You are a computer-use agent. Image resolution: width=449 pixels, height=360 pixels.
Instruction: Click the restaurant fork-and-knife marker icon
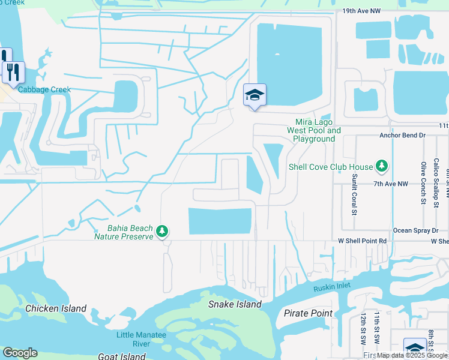13,72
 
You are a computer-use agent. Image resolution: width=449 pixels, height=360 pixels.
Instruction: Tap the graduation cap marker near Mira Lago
255,95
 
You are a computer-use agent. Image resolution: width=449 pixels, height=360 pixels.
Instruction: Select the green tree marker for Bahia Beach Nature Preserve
161,231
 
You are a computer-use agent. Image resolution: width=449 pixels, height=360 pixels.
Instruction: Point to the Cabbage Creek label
44,90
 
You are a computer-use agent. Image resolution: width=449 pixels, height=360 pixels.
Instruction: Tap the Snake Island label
235,304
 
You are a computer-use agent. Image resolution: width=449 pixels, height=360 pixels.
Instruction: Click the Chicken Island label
56,309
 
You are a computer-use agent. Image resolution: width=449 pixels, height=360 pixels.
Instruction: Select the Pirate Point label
308,313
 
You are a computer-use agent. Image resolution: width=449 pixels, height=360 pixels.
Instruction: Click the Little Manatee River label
133,340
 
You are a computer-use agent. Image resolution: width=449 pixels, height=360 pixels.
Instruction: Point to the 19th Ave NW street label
361,11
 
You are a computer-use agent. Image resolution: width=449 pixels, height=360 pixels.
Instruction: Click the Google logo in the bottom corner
20,353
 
